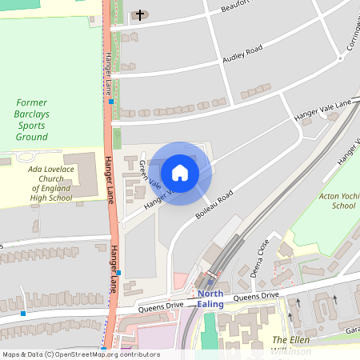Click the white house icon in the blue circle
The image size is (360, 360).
180,173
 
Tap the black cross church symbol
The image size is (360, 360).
141,14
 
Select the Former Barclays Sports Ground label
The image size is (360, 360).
33,119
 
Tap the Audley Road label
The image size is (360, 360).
242,54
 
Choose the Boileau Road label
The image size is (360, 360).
214,205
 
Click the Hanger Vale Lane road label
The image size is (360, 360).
322,109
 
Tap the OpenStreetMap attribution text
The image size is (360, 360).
81,354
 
